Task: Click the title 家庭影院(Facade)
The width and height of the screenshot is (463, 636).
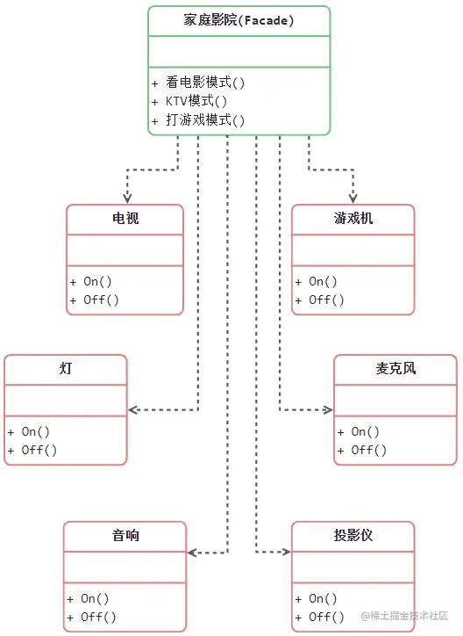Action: [x=239, y=19]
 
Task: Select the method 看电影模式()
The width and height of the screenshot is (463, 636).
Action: [x=204, y=83]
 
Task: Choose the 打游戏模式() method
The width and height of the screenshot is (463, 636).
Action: [x=204, y=120]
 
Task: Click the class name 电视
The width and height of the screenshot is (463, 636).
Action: [x=125, y=218]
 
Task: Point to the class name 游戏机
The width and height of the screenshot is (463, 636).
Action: [x=353, y=218]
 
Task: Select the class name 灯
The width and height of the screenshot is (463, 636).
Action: [x=66, y=368]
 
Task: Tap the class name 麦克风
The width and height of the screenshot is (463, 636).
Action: [x=395, y=368]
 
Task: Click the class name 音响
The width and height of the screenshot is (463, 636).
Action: [x=125, y=535]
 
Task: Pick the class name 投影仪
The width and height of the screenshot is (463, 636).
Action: [x=353, y=535]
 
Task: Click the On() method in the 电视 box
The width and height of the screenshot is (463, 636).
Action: [x=97, y=282]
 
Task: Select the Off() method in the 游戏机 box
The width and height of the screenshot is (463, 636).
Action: [x=326, y=300]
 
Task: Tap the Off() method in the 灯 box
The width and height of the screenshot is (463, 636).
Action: [x=39, y=451]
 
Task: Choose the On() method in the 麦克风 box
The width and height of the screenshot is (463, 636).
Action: [x=365, y=432]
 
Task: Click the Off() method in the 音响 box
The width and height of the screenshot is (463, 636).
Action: [x=98, y=618]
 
